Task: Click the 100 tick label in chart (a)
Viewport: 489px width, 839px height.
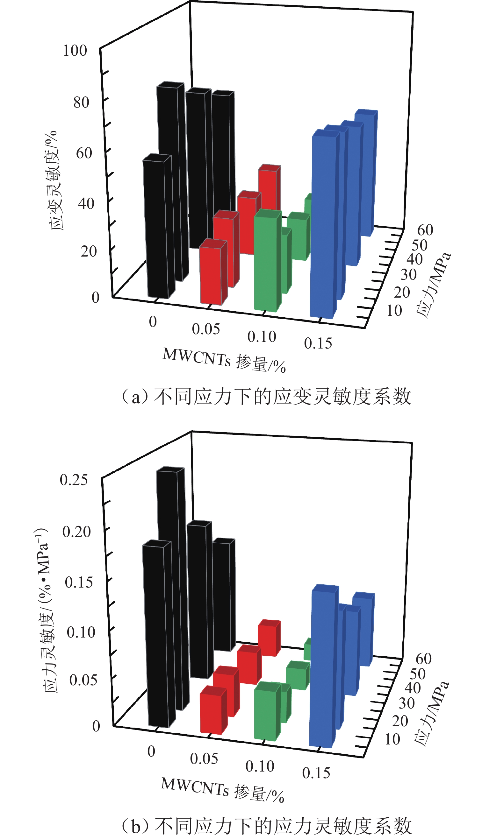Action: pyautogui.click(x=75, y=51)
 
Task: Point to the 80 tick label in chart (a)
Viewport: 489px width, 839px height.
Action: pyautogui.click(x=81, y=102)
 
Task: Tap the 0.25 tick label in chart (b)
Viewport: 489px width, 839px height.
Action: pyautogui.click(x=74, y=480)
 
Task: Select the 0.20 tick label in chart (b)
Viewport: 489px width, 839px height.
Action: pyautogui.click(x=76, y=531)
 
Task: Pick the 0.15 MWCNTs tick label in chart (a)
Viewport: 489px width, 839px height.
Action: pyautogui.click(x=318, y=343)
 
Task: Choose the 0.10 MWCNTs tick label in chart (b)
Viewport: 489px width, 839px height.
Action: pyautogui.click(x=260, y=766)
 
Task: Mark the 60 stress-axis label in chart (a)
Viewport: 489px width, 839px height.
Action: pyautogui.click(x=425, y=230)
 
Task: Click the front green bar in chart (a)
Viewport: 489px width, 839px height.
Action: pyautogui.click(x=266, y=263)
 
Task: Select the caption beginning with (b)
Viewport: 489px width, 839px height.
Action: pyautogui.click(x=267, y=826)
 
